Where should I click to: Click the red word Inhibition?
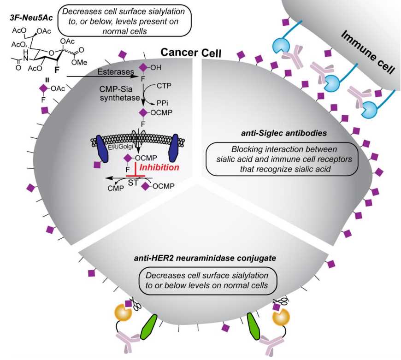click(160, 168)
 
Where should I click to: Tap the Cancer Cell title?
click(190, 53)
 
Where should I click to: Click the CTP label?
click(165, 85)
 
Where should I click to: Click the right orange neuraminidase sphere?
click(281, 319)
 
